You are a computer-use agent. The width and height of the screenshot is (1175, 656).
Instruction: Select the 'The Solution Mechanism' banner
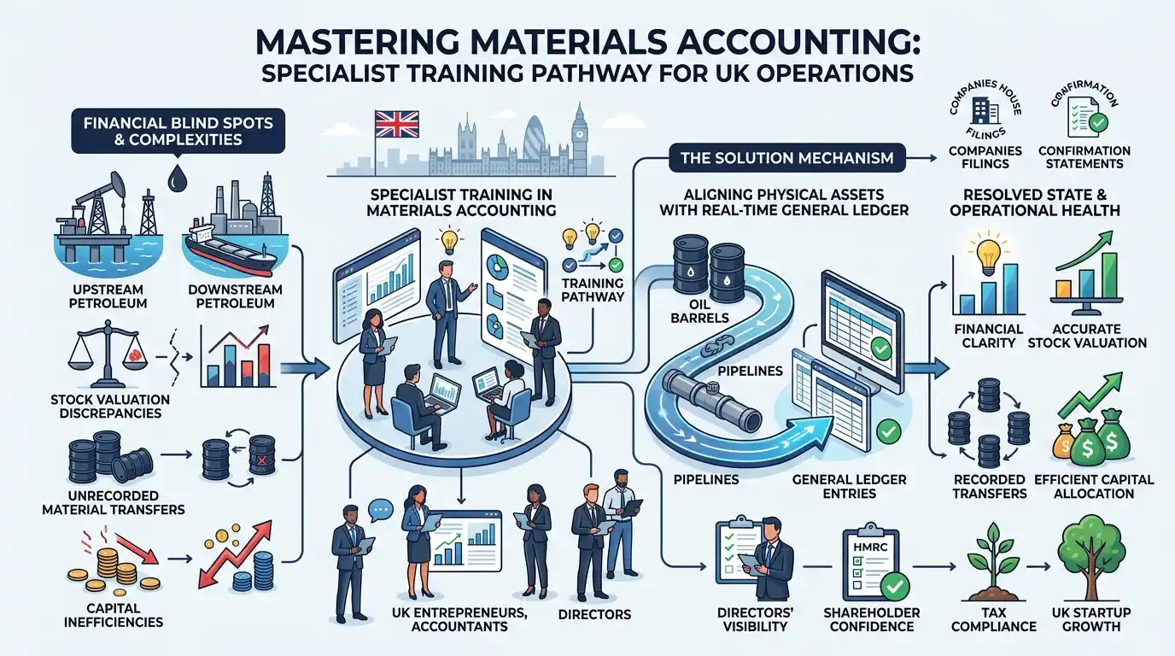(786, 157)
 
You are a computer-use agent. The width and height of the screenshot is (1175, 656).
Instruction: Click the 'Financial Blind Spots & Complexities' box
(178, 132)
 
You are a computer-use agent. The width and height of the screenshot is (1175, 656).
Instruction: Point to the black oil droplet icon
(177, 178)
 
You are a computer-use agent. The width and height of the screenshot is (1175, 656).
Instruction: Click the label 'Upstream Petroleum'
(108, 296)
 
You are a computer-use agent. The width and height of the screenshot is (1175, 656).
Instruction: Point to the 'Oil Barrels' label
(699, 311)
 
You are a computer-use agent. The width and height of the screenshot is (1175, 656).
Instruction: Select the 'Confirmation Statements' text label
(1084, 157)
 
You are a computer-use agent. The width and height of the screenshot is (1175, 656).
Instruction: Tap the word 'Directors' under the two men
(594, 614)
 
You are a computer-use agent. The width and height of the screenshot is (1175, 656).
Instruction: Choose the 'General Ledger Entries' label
(850, 487)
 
